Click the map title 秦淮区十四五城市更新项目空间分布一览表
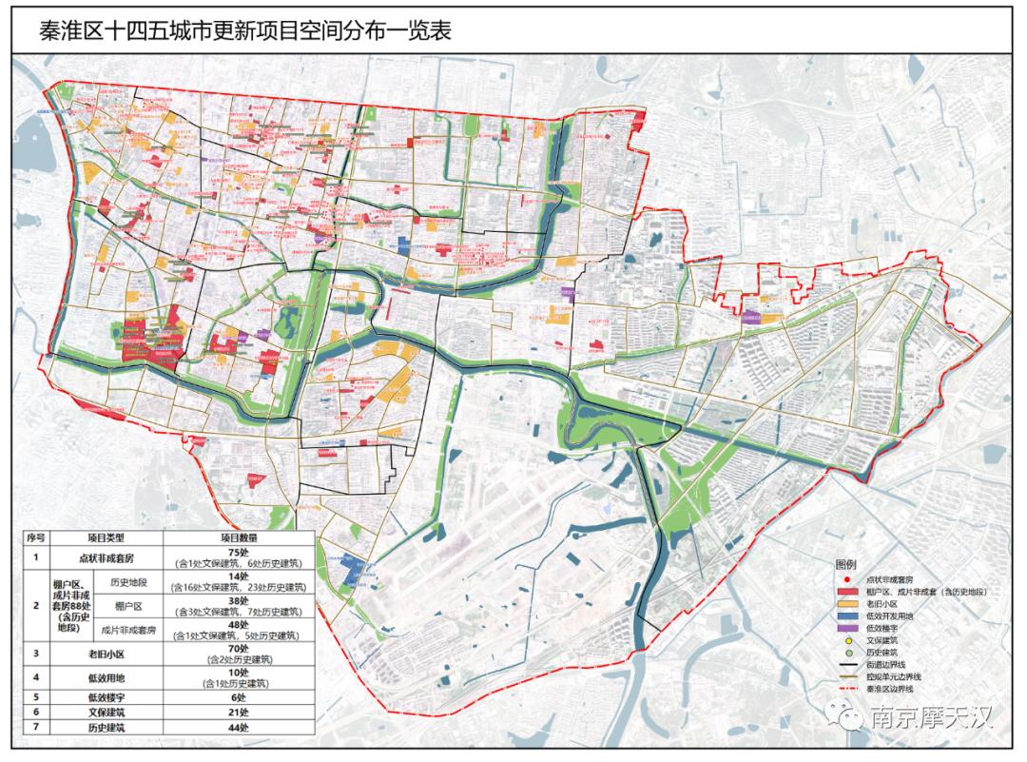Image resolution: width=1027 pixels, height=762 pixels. [x=243, y=30]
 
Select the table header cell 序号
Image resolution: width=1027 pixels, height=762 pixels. [x=36, y=538]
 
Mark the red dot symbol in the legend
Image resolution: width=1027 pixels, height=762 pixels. [x=848, y=579]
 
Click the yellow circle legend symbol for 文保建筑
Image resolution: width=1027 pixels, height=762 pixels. [x=848, y=641]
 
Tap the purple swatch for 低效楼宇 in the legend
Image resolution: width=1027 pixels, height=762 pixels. [x=848, y=629]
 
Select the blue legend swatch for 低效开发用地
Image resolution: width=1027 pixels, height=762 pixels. [x=848, y=616]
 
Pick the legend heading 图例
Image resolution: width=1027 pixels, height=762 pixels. [x=846, y=564]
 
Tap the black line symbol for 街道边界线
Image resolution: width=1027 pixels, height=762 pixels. [x=848, y=664]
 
